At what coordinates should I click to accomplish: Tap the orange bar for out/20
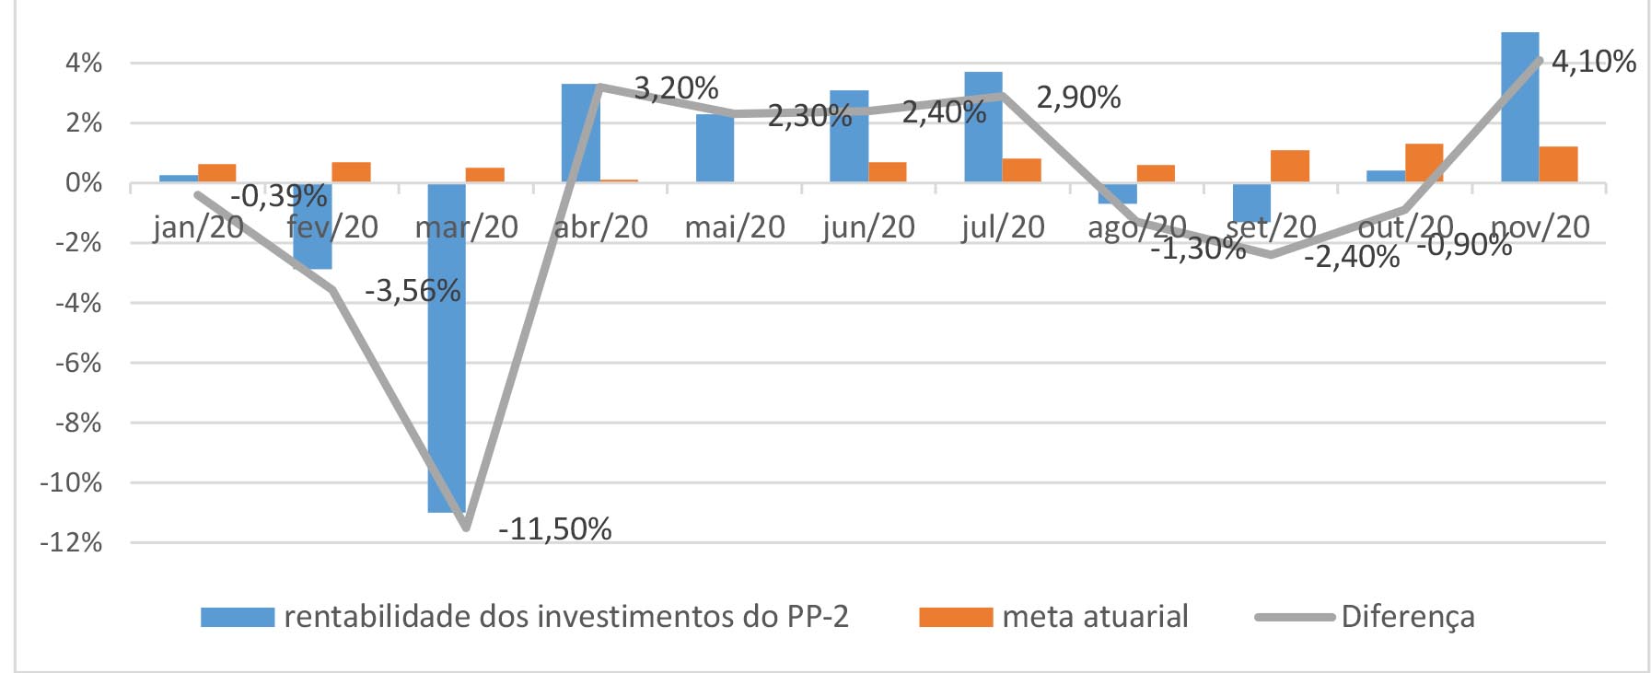coord(1424,163)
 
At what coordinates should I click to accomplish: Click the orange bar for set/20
coord(1289,166)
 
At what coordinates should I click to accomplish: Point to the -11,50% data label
coord(554,529)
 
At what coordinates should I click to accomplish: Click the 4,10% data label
coord(1593,62)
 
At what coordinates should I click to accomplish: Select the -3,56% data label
coord(413,291)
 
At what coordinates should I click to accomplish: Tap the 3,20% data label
coord(676,88)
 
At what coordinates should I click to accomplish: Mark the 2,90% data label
coord(1078,98)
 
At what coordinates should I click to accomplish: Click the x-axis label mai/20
coord(734,226)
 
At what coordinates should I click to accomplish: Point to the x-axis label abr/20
coord(600,226)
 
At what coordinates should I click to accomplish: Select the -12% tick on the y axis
coord(71,542)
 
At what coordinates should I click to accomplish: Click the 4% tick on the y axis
coord(84,63)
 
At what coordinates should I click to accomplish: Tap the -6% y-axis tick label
coord(77,363)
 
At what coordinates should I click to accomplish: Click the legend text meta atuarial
coord(1095,616)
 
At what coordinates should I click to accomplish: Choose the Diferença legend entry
coord(1407,616)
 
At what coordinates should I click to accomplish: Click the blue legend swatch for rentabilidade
coord(238,617)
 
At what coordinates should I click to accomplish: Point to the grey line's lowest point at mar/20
coord(466,528)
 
